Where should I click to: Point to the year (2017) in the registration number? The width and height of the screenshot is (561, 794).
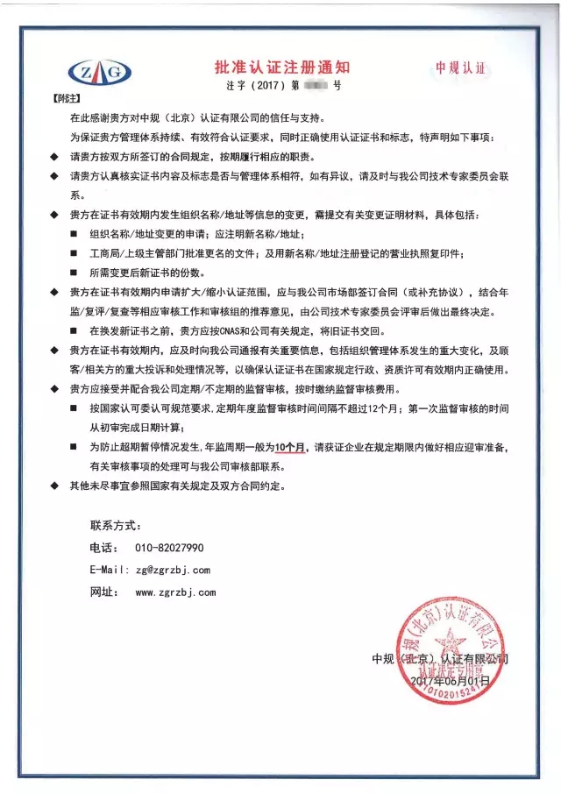pos(263,87)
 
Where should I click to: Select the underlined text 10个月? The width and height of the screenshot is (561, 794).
pos(290,447)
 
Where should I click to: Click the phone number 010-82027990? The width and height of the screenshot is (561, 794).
pos(170,547)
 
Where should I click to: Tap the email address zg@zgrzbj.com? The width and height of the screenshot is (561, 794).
pos(173,570)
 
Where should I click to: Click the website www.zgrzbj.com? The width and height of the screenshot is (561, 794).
pos(175,592)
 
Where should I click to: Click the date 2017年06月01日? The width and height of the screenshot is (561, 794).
pos(447,679)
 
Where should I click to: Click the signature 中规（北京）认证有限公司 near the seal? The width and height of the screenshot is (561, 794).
pos(439,658)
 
